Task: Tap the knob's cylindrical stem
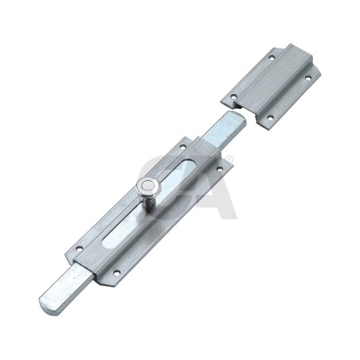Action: pyautogui.click(x=150, y=202)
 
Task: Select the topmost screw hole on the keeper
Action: pyautogui.click(x=271, y=57)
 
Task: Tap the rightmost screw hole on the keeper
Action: pyautogui.click(x=308, y=78)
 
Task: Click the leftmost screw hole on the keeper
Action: pyautogui.click(x=233, y=96)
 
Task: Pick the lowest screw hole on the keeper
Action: pyautogui.click(x=270, y=117)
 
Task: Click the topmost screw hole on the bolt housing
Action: pyautogui.click(x=182, y=146)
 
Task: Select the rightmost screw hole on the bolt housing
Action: pyautogui.click(x=220, y=168)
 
